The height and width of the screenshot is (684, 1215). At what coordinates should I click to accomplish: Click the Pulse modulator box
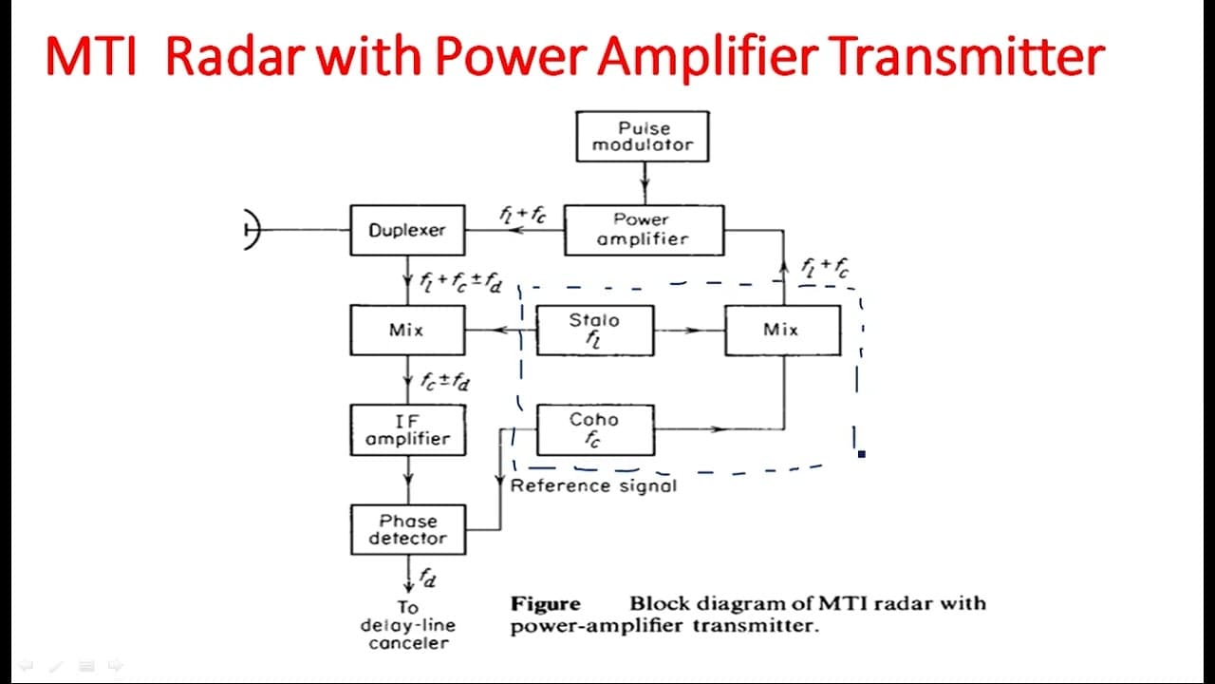[643, 136]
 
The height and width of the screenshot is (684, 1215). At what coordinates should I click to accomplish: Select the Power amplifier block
[644, 230]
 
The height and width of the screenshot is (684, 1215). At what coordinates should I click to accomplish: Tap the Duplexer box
[407, 230]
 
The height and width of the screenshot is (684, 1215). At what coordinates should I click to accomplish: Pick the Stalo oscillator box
[595, 330]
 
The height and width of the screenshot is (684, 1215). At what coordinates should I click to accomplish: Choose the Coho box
[595, 430]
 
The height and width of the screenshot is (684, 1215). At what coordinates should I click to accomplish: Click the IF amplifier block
[408, 430]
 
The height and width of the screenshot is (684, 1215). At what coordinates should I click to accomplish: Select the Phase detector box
[408, 529]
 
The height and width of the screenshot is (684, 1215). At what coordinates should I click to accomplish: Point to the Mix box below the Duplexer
[407, 330]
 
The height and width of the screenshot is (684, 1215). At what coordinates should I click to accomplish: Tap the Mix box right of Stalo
[783, 330]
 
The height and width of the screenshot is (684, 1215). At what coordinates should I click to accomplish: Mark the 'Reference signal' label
[593, 485]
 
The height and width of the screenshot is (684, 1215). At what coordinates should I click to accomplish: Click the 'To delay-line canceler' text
[408, 625]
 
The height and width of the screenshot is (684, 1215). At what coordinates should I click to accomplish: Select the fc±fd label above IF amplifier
[445, 381]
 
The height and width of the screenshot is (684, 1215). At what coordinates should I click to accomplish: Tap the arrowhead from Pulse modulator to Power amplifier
[645, 182]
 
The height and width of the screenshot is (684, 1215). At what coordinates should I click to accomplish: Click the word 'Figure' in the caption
[546, 603]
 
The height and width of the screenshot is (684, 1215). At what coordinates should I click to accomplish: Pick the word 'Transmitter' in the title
[967, 56]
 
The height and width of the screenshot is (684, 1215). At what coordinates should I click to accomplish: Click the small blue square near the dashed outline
[862, 454]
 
